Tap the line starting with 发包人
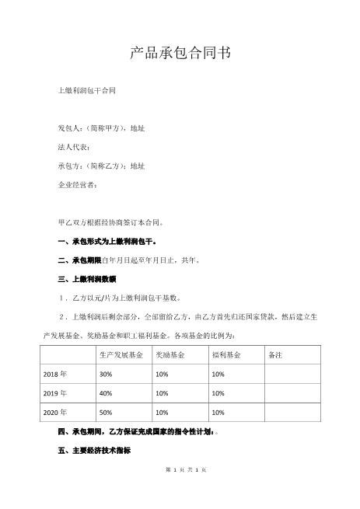pyautogui.click(x=101, y=127)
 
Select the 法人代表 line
pyautogui.click(x=75, y=147)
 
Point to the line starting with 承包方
pyautogui.click(x=101, y=166)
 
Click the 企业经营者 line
pyautogui.click(x=78, y=186)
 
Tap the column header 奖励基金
pyautogui.click(x=170, y=354)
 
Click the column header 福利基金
pyautogui.click(x=225, y=354)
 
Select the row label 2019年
pyautogui.click(x=54, y=392)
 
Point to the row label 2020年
pyautogui.click(x=54, y=412)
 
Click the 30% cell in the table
pyautogui.click(x=106, y=374)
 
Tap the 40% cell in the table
pyautogui.click(x=106, y=392)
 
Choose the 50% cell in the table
pyautogui.click(x=106, y=412)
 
